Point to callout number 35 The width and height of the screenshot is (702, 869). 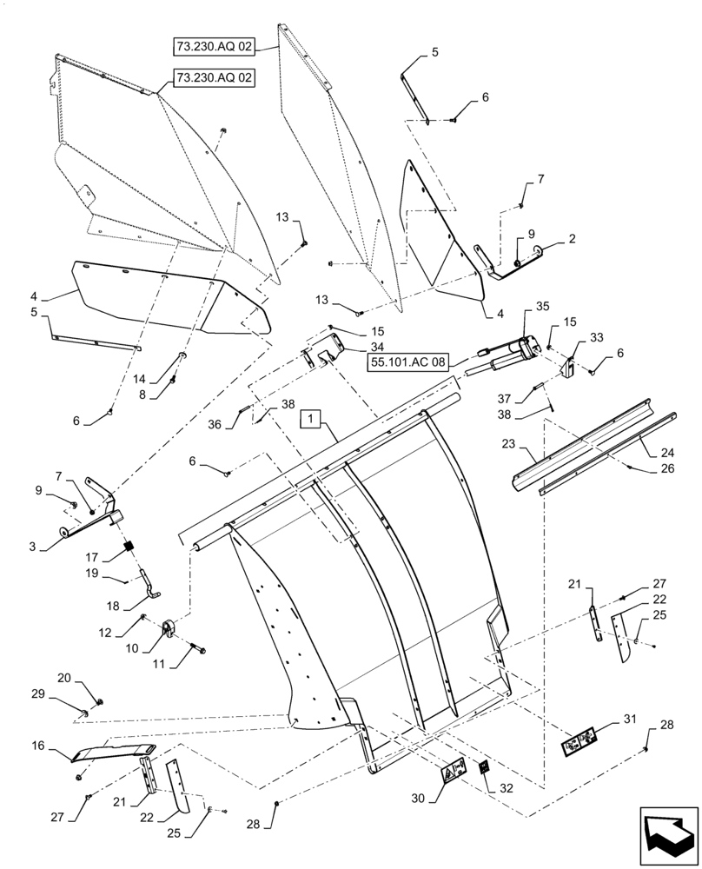pyautogui.click(x=542, y=306)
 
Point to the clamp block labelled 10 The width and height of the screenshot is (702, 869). pyautogui.click(x=170, y=627)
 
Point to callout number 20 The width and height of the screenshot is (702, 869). pyautogui.click(x=63, y=678)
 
